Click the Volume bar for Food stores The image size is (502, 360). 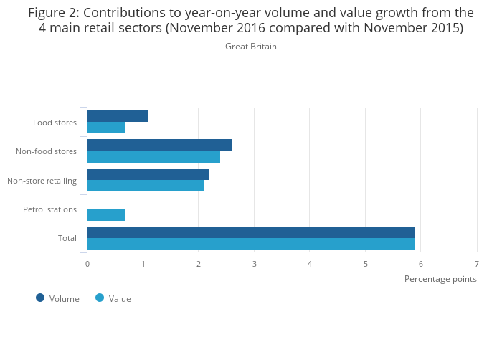click(118, 116)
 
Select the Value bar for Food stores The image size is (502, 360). click(106, 128)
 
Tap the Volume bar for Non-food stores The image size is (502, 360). click(159, 146)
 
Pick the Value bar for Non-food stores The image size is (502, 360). click(153, 157)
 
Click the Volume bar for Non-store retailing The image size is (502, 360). click(148, 174)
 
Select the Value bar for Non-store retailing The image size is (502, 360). click(146, 186)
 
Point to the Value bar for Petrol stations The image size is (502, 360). click(106, 215)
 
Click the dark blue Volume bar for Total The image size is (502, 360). click(251, 232)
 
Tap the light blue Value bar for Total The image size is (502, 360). click(251, 244)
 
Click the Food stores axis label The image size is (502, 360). click(55, 123)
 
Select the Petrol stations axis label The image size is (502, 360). click(49, 209)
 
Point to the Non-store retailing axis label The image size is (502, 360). click(42, 181)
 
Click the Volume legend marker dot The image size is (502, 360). click(40, 298)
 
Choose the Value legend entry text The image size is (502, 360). click(120, 299)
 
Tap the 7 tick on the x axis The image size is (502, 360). click(476, 264)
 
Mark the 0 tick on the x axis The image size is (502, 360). click(87, 264)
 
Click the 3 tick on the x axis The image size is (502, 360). click(254, 264)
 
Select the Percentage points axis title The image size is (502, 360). click(440, 279)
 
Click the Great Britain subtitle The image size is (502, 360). click(251, 47)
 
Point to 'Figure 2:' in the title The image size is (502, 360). click(53, 12)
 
